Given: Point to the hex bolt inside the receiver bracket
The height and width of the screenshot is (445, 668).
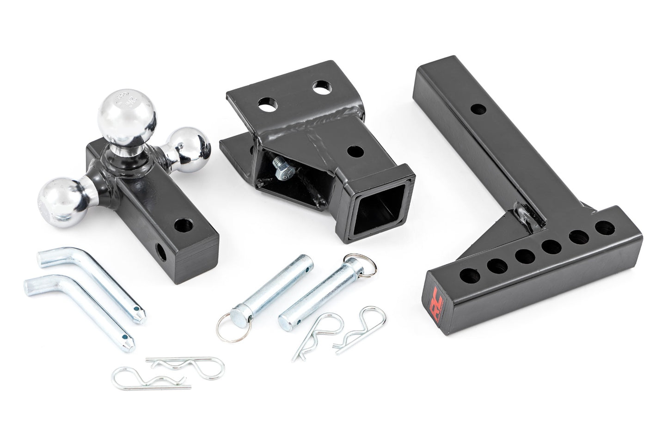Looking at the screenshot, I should click(x=282, y=170).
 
